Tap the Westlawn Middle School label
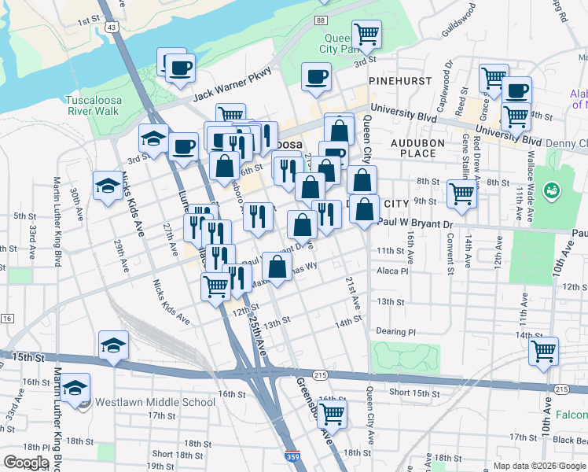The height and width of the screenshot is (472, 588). tap(155, 403)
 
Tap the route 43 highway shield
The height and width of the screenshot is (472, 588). tap(112, 28)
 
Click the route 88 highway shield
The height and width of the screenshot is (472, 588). tap(321, 20)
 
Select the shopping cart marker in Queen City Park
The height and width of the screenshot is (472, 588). tap(366, 34)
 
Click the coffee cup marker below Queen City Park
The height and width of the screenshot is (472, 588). tap(317, 76)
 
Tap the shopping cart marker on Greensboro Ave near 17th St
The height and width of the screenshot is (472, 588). tap(332, 412)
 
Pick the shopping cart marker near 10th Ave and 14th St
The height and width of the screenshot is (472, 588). tap(543, 352)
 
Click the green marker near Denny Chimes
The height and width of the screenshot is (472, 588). tap(553, 191)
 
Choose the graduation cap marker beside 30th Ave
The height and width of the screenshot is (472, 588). tap(108, 186)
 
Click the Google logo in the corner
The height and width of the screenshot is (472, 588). tap(26, 462)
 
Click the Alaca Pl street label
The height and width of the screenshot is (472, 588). tap(393, 271)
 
